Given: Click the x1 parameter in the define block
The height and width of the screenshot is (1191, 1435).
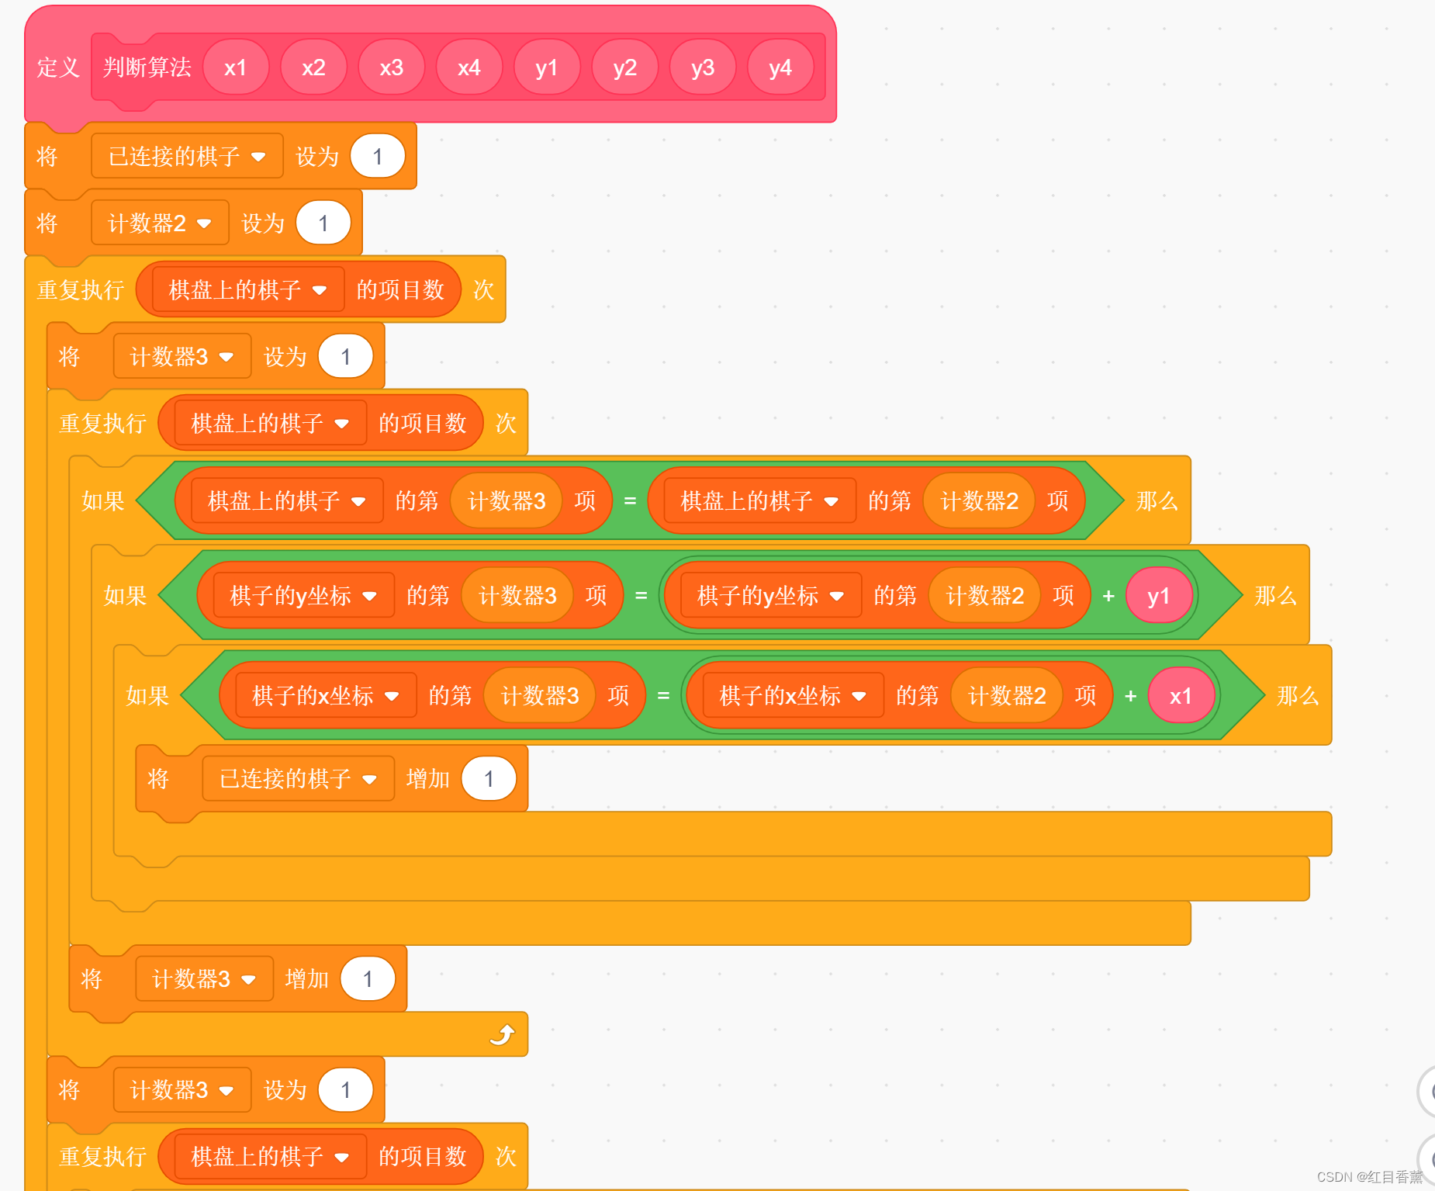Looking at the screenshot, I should point(236,68).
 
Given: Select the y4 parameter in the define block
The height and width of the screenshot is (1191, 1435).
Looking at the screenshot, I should point(780,68).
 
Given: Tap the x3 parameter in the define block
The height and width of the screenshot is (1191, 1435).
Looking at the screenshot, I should point(391,68).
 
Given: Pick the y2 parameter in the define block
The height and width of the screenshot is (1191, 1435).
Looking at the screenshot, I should point(624,68).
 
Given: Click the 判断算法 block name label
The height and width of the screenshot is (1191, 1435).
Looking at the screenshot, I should point(147,68).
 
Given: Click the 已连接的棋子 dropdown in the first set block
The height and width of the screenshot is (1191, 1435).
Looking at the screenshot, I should point(186,157).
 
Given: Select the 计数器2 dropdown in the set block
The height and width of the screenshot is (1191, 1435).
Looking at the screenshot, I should point(159,223).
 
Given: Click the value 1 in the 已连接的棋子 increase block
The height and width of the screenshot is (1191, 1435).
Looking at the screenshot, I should point(489,779).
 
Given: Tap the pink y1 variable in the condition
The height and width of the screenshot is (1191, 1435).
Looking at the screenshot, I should point(1158,596).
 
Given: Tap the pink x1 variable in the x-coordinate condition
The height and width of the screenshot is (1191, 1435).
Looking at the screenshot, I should point(1181,696).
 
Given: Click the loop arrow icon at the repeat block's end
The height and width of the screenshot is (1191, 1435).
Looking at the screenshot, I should point(503,1034).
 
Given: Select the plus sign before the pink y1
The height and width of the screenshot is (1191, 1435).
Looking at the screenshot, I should point(1108,596).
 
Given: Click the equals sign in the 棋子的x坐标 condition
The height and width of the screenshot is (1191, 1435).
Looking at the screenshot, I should point(663,696).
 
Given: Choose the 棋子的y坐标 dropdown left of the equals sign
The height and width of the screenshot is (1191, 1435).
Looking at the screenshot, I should point(303,596).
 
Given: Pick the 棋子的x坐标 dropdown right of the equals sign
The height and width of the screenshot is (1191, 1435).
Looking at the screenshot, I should point(792,696).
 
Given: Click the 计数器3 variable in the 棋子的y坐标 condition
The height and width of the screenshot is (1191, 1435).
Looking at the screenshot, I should point(517,596).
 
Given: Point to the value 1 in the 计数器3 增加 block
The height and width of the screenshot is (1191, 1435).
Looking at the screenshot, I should point(368,979).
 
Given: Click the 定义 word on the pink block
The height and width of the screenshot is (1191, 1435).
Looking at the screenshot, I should point(58,68).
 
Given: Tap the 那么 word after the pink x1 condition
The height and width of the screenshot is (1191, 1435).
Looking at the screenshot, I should point(1298,696).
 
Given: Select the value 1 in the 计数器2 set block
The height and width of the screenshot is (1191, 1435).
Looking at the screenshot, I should point(323,223).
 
